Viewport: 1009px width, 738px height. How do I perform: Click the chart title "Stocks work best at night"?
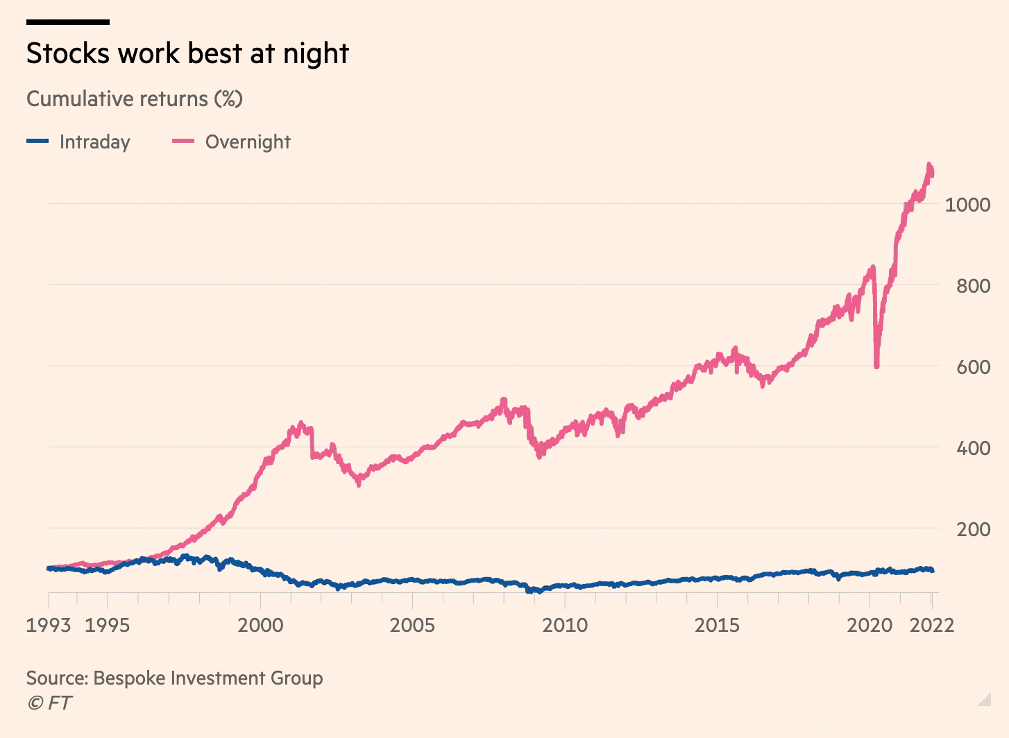(x=187, y=53)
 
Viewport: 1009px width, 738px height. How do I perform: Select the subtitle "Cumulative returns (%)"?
(x=135, y=98)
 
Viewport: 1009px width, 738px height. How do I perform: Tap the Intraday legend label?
(x=94, y=141)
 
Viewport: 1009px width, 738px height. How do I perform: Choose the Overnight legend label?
(x=248, y=141)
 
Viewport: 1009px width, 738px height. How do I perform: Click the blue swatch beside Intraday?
(x=37, y=141)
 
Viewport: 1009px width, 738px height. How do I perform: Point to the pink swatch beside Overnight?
(x=183, y=141)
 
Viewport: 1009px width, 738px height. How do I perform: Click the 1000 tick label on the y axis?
(x=967, y=205)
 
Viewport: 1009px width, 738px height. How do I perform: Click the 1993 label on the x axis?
(x=49, y=625)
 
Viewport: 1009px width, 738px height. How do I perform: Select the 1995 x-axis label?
(x=107, y=625)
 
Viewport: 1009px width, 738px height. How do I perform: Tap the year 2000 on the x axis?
(x=260, y=625)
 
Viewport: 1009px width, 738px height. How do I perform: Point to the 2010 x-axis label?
(x=565, y=625)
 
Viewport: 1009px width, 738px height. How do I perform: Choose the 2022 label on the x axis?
(x=932, y=625)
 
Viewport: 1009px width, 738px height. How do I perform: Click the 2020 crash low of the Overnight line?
(x=877, y=366)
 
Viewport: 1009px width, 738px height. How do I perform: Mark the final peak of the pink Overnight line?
(x=929, y=165)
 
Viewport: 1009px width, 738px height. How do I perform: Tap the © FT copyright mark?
(x=49, y=703)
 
